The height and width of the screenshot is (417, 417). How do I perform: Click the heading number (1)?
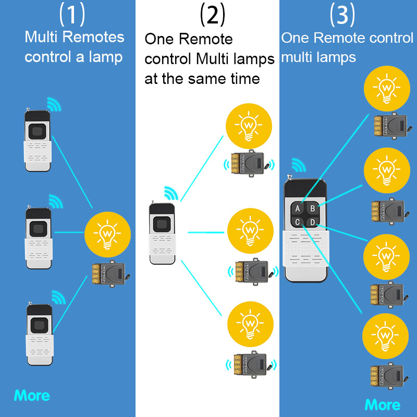(x=72, y=15)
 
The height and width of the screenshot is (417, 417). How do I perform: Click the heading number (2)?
(x=212, y=15)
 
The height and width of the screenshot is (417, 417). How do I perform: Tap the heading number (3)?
(x=342, y=15)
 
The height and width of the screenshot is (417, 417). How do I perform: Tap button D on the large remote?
(x=312, y=223)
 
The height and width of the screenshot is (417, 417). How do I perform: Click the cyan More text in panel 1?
(x=32, y=396)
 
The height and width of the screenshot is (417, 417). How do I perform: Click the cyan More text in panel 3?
(x=383, y=404)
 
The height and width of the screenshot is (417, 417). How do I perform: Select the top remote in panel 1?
(x=39, y=139)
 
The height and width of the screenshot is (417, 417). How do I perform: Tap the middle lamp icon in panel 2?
(x=250, y=230)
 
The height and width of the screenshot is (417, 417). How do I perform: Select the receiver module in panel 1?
(x=107, y=274)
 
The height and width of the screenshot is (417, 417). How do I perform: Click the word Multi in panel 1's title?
(x=41, y=38)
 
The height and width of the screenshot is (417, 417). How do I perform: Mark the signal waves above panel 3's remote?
(x=298, y=166)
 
